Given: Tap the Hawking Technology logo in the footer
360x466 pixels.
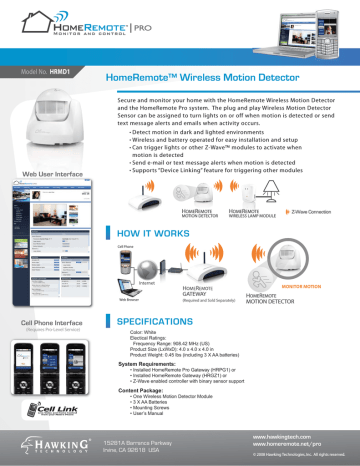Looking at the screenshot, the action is tap(48, 444).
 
